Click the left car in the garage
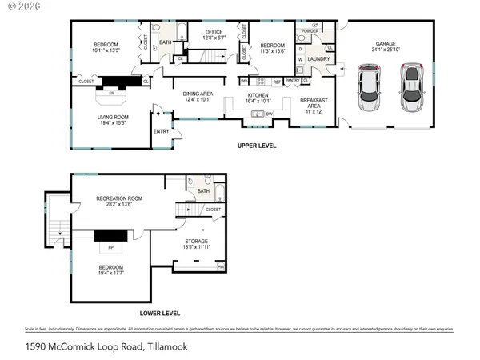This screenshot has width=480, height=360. point(370,89)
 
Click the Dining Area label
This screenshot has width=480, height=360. point(197,93)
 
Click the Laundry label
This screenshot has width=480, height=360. point(318,58)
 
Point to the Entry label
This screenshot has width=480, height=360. point(161,131)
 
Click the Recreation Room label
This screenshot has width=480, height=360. point(119,198)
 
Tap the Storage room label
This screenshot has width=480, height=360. point(197,241)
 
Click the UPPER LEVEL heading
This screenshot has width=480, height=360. point(257,146)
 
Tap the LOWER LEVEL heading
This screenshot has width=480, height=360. point(160,313)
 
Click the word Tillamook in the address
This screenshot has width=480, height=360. point(166,346)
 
